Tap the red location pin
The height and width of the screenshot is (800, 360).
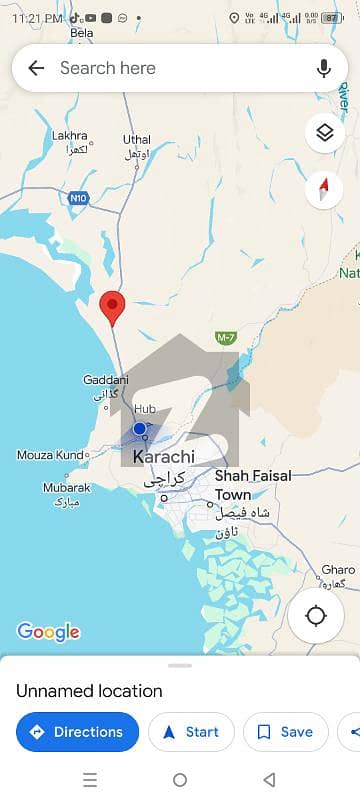113,305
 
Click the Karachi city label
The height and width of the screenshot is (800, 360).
163,457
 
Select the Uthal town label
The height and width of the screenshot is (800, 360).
136,139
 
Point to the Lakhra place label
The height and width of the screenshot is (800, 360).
70,135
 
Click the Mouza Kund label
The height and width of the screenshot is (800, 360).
50,455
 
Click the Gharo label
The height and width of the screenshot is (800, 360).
338,570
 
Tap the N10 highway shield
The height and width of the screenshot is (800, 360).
78,198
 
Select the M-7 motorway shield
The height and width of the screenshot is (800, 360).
225,338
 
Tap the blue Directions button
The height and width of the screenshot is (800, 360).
77,732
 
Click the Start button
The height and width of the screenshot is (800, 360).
191,732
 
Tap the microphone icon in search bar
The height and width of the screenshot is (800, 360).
323,68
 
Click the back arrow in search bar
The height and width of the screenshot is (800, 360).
36,68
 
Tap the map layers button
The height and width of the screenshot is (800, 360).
324,132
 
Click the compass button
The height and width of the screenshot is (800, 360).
324,188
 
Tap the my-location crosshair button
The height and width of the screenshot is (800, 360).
316,615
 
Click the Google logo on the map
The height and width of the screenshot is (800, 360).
48,632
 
